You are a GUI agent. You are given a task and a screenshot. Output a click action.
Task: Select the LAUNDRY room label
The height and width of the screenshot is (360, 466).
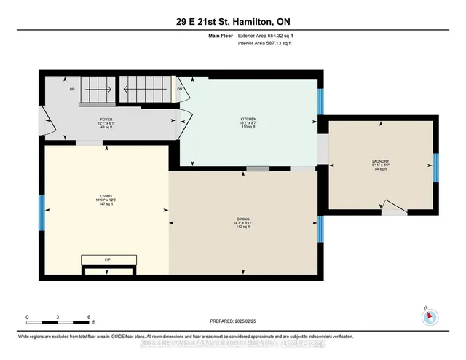tap(381, 161)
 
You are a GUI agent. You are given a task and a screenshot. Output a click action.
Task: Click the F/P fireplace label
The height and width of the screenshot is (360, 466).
tap(108, 259)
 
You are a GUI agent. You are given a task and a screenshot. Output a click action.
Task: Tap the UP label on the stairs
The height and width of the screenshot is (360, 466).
tap(72, 90)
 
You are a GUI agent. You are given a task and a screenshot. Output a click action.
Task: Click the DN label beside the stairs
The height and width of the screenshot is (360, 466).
tap(179, 90)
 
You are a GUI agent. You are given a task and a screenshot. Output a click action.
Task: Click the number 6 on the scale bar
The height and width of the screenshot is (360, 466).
tap(88, 318)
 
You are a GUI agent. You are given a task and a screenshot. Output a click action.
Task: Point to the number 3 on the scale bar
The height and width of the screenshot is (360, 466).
tap(58, 318)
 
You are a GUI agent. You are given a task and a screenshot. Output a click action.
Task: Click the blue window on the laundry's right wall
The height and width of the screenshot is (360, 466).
tap(435, 168)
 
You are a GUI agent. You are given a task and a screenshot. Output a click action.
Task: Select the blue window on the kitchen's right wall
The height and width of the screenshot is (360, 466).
tap(320, 101)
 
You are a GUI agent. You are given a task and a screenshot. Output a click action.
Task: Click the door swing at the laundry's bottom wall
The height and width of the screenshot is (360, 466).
tap(394, 209)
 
